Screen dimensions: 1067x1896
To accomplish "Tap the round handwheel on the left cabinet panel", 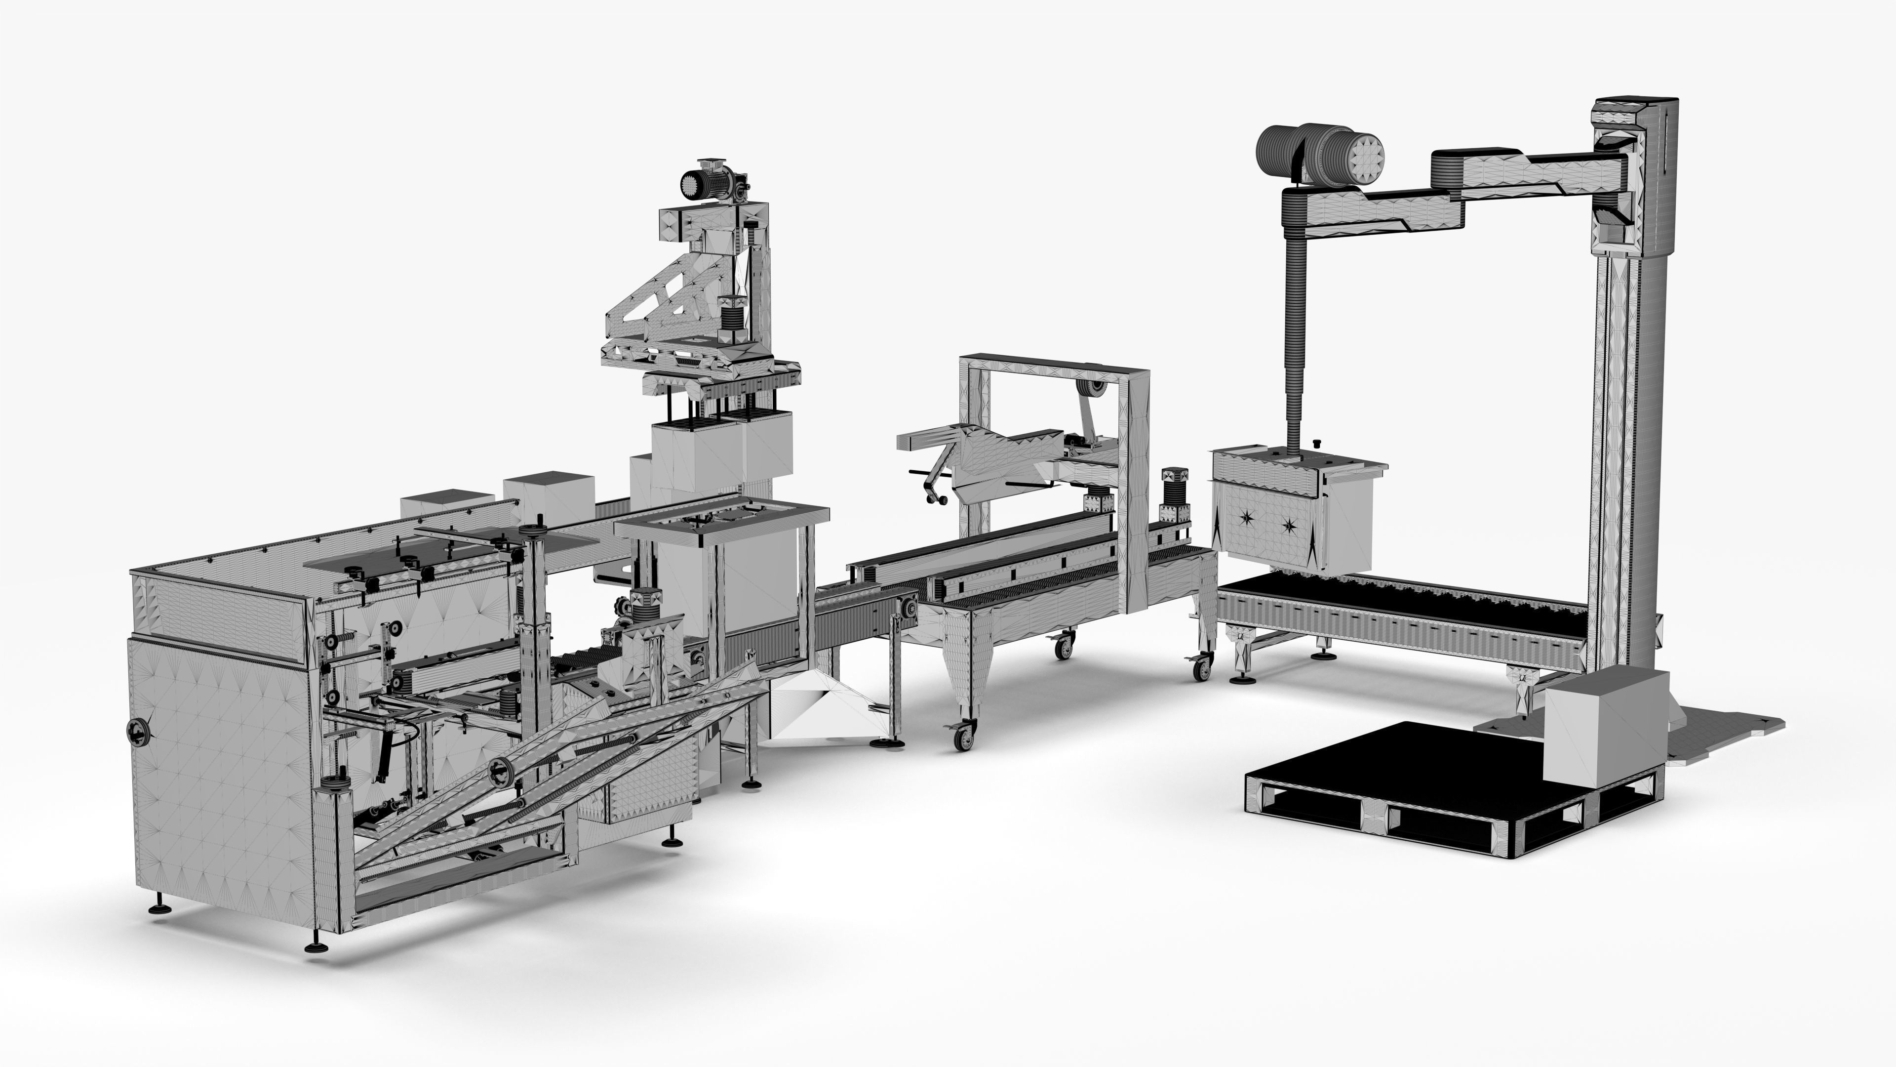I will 138,731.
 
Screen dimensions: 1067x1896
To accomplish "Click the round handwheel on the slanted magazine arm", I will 501,770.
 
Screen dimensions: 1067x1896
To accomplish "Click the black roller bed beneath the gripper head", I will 1398,604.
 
